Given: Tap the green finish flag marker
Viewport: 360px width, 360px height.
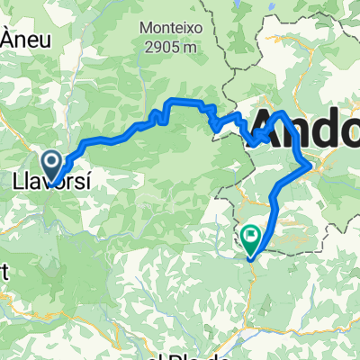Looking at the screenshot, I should pyautogui.click(x=249, y=238).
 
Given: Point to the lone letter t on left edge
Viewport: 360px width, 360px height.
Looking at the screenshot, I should pyautogui.click(x=3, y=275).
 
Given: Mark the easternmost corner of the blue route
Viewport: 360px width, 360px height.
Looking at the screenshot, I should pyautogui.click(x=312, y=165).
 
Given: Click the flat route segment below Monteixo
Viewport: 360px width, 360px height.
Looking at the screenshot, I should pyautogui.click(x=184, y=103).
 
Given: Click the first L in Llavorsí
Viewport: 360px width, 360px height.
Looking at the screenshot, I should pyautogui.click(x=18, y=183).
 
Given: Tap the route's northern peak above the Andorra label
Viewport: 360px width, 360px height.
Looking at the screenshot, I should pyautogui.click(x=283, y=113).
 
